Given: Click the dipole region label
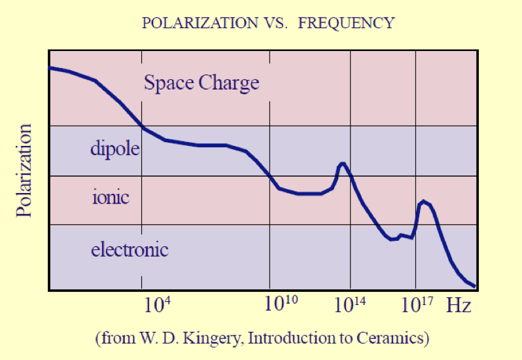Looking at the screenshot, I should tap(115, 149).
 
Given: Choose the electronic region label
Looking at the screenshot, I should tap(130, 249).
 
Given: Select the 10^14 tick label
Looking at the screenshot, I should tap(353, 304).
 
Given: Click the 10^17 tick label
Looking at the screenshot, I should tap(417, 304).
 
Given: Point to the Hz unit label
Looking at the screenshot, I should tap(459, 306).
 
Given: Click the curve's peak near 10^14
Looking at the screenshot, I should tap(342, 163).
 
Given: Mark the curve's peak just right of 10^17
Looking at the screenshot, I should tap(424, 202).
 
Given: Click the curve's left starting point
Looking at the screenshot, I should tap(50, 67).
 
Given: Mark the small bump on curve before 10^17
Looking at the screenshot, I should tap(401, 235).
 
